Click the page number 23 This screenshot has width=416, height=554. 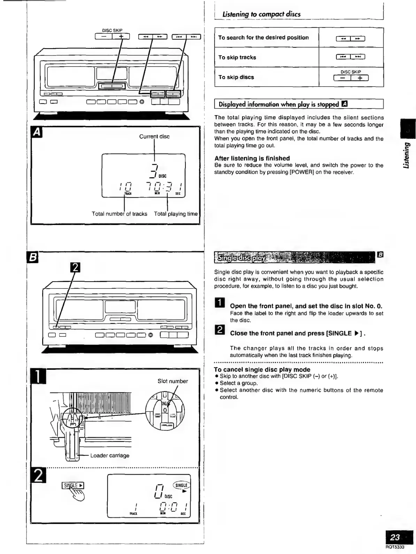tap(395, 537)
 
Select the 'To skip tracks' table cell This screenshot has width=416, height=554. tap(237, 58)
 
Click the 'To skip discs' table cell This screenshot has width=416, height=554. tap(236, 77)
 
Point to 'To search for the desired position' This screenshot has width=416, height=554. tap(263, 38)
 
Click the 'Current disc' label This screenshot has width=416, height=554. tap(154, 136)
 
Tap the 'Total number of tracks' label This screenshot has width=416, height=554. tap(120, 214)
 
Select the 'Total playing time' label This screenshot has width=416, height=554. tap(176, 214)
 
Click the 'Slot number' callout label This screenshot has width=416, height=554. tap(172, 381)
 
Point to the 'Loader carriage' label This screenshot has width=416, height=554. tap(110, 456)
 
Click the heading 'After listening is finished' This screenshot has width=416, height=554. tap(252, 158)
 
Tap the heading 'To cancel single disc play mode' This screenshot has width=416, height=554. tap(262, 369)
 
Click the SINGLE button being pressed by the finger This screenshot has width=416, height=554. tap(73, 485)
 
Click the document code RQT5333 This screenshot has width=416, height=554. tap(395, 547)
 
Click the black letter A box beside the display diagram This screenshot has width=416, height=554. tap(37, 132)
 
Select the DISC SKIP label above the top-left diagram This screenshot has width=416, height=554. tap(112, 30)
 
